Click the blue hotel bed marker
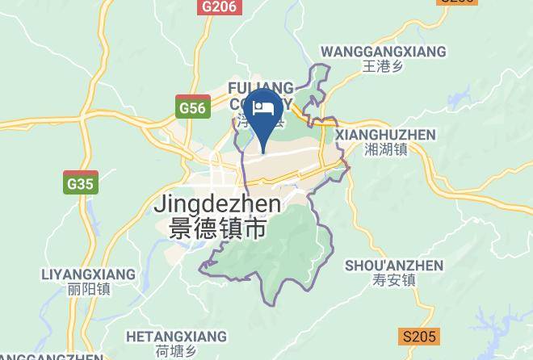pyautogui.click(x=264, y=112)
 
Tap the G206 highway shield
pyautogui.click(x=220, y=6)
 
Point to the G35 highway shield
pyautogui.click(x=81, y=184)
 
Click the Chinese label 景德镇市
pyautogui.click(x=217, y=229)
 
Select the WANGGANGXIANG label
pyautogui.click(x=383, y=52)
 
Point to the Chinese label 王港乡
pyautogui.click(x=383, y=67)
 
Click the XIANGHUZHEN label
pyautogui.click(x=385, y=135)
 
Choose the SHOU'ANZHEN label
pyautogui.click(x=394, y=266)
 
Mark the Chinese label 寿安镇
pyautogui.click(x=394, y=281)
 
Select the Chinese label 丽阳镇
pyautogui.click(x=89, y=289)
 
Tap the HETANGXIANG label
pyautogui.click(x=178, y=335)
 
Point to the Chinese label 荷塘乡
pyautogui.click(x=178, y=350)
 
